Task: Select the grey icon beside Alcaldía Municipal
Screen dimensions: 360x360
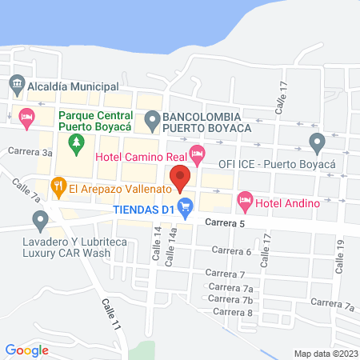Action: [16, 83]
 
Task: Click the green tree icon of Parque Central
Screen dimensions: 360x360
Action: [77, 145]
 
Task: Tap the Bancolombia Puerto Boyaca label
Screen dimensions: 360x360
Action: [206, 122]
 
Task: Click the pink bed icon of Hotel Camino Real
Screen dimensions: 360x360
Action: [198, 152]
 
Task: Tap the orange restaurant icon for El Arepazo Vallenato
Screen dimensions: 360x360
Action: [58, 188]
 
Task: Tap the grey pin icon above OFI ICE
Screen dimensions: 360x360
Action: [317, 144]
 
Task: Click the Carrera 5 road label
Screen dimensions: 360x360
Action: [224, 223]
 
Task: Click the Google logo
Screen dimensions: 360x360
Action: [26, 349]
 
